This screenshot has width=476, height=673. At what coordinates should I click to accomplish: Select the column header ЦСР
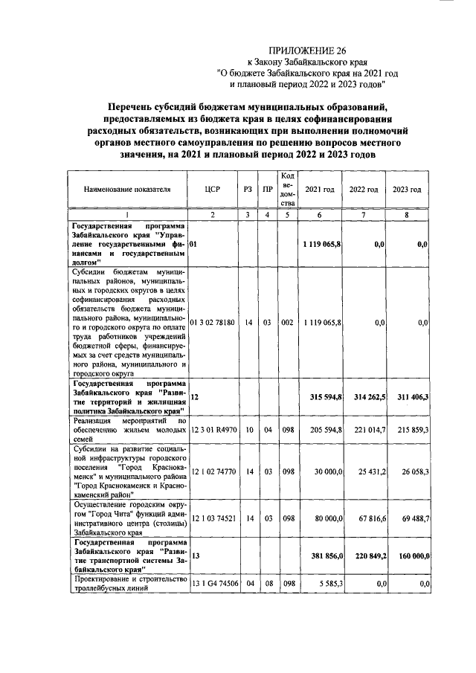coord(213,190)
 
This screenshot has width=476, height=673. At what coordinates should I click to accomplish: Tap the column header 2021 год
coord(320,190)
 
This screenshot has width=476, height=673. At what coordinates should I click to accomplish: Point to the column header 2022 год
coord(364,190)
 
